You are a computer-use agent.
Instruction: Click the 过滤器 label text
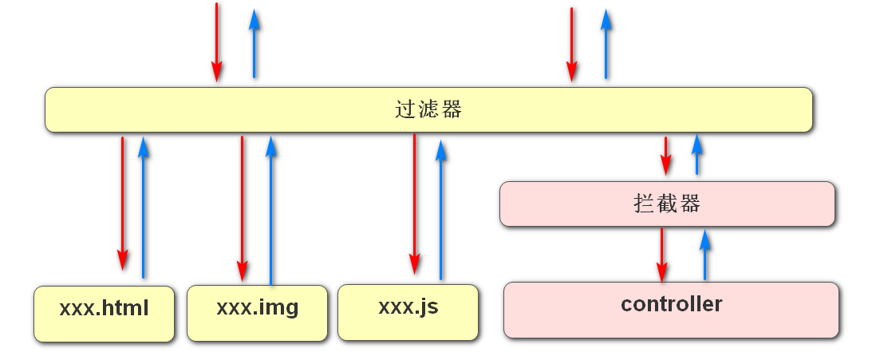pyautogui.click(x=428, y=109)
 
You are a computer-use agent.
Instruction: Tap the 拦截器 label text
pyautogui.click(x=667, y=204)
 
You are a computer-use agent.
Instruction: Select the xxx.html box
pyautogui.click(x=104, y=314)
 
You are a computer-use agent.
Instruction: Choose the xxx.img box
pyautogui.click(x=257, y=313)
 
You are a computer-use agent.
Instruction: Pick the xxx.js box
pyautogui.click(x=408, y=312)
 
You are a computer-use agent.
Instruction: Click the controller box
pyautogui.click(x=672, y=311)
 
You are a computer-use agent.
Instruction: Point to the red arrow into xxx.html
pyautogui.click(x=122, y=204)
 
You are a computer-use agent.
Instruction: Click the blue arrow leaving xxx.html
pyautogui.click(x=143, y=207)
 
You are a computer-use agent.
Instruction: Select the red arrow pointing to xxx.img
pyautogui.click(x=242, y=208)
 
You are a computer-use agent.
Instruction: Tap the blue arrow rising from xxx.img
pyautogui.click(x=271, y=211)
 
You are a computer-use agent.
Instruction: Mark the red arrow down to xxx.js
pyautogui.click(x=415, y=204)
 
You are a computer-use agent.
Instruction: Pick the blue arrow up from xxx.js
pyautogui.click(x=441, y=210)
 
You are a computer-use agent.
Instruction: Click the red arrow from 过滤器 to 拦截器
pyautogui.click(x=665, y=156)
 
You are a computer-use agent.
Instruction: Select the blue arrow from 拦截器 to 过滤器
pyautogui.click(x=696, y=154)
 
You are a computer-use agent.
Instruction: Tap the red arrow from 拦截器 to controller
pyautogui.click(x=662, y=255)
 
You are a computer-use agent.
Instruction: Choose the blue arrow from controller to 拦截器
pyautogui.click(x=704, y=255)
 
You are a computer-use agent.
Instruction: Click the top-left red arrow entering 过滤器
pyautogui.click(x=217, y=42)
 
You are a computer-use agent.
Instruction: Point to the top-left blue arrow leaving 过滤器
pyautogui.click(x=255, y=44)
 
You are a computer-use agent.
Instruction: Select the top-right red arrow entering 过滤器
pyautogui.click(x=571, y=45)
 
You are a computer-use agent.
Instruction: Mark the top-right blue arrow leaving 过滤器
pyautogui.click(x=606, y=44)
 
